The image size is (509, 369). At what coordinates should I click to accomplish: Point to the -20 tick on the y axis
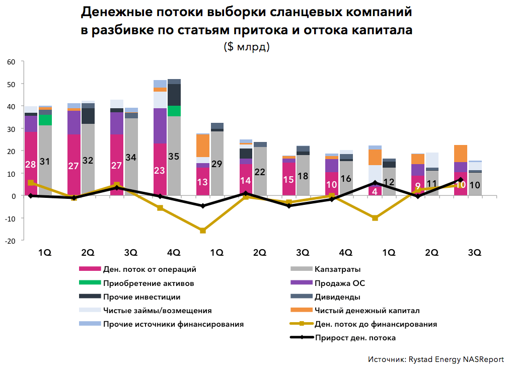coord(10,241)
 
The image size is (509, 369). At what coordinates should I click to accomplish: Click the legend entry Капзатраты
coord(337,270)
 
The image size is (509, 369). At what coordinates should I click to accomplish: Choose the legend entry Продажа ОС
coord(336,283)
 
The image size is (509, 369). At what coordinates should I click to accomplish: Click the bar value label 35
coord(174,156)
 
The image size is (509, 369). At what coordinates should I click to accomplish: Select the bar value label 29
coord(217,164)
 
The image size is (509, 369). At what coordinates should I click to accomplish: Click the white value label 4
coord(374,191)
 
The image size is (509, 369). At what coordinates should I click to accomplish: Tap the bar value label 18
coord(303,176)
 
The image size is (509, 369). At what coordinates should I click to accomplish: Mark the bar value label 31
coord(45,161)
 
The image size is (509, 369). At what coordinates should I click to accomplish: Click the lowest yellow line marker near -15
coord(203,231)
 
